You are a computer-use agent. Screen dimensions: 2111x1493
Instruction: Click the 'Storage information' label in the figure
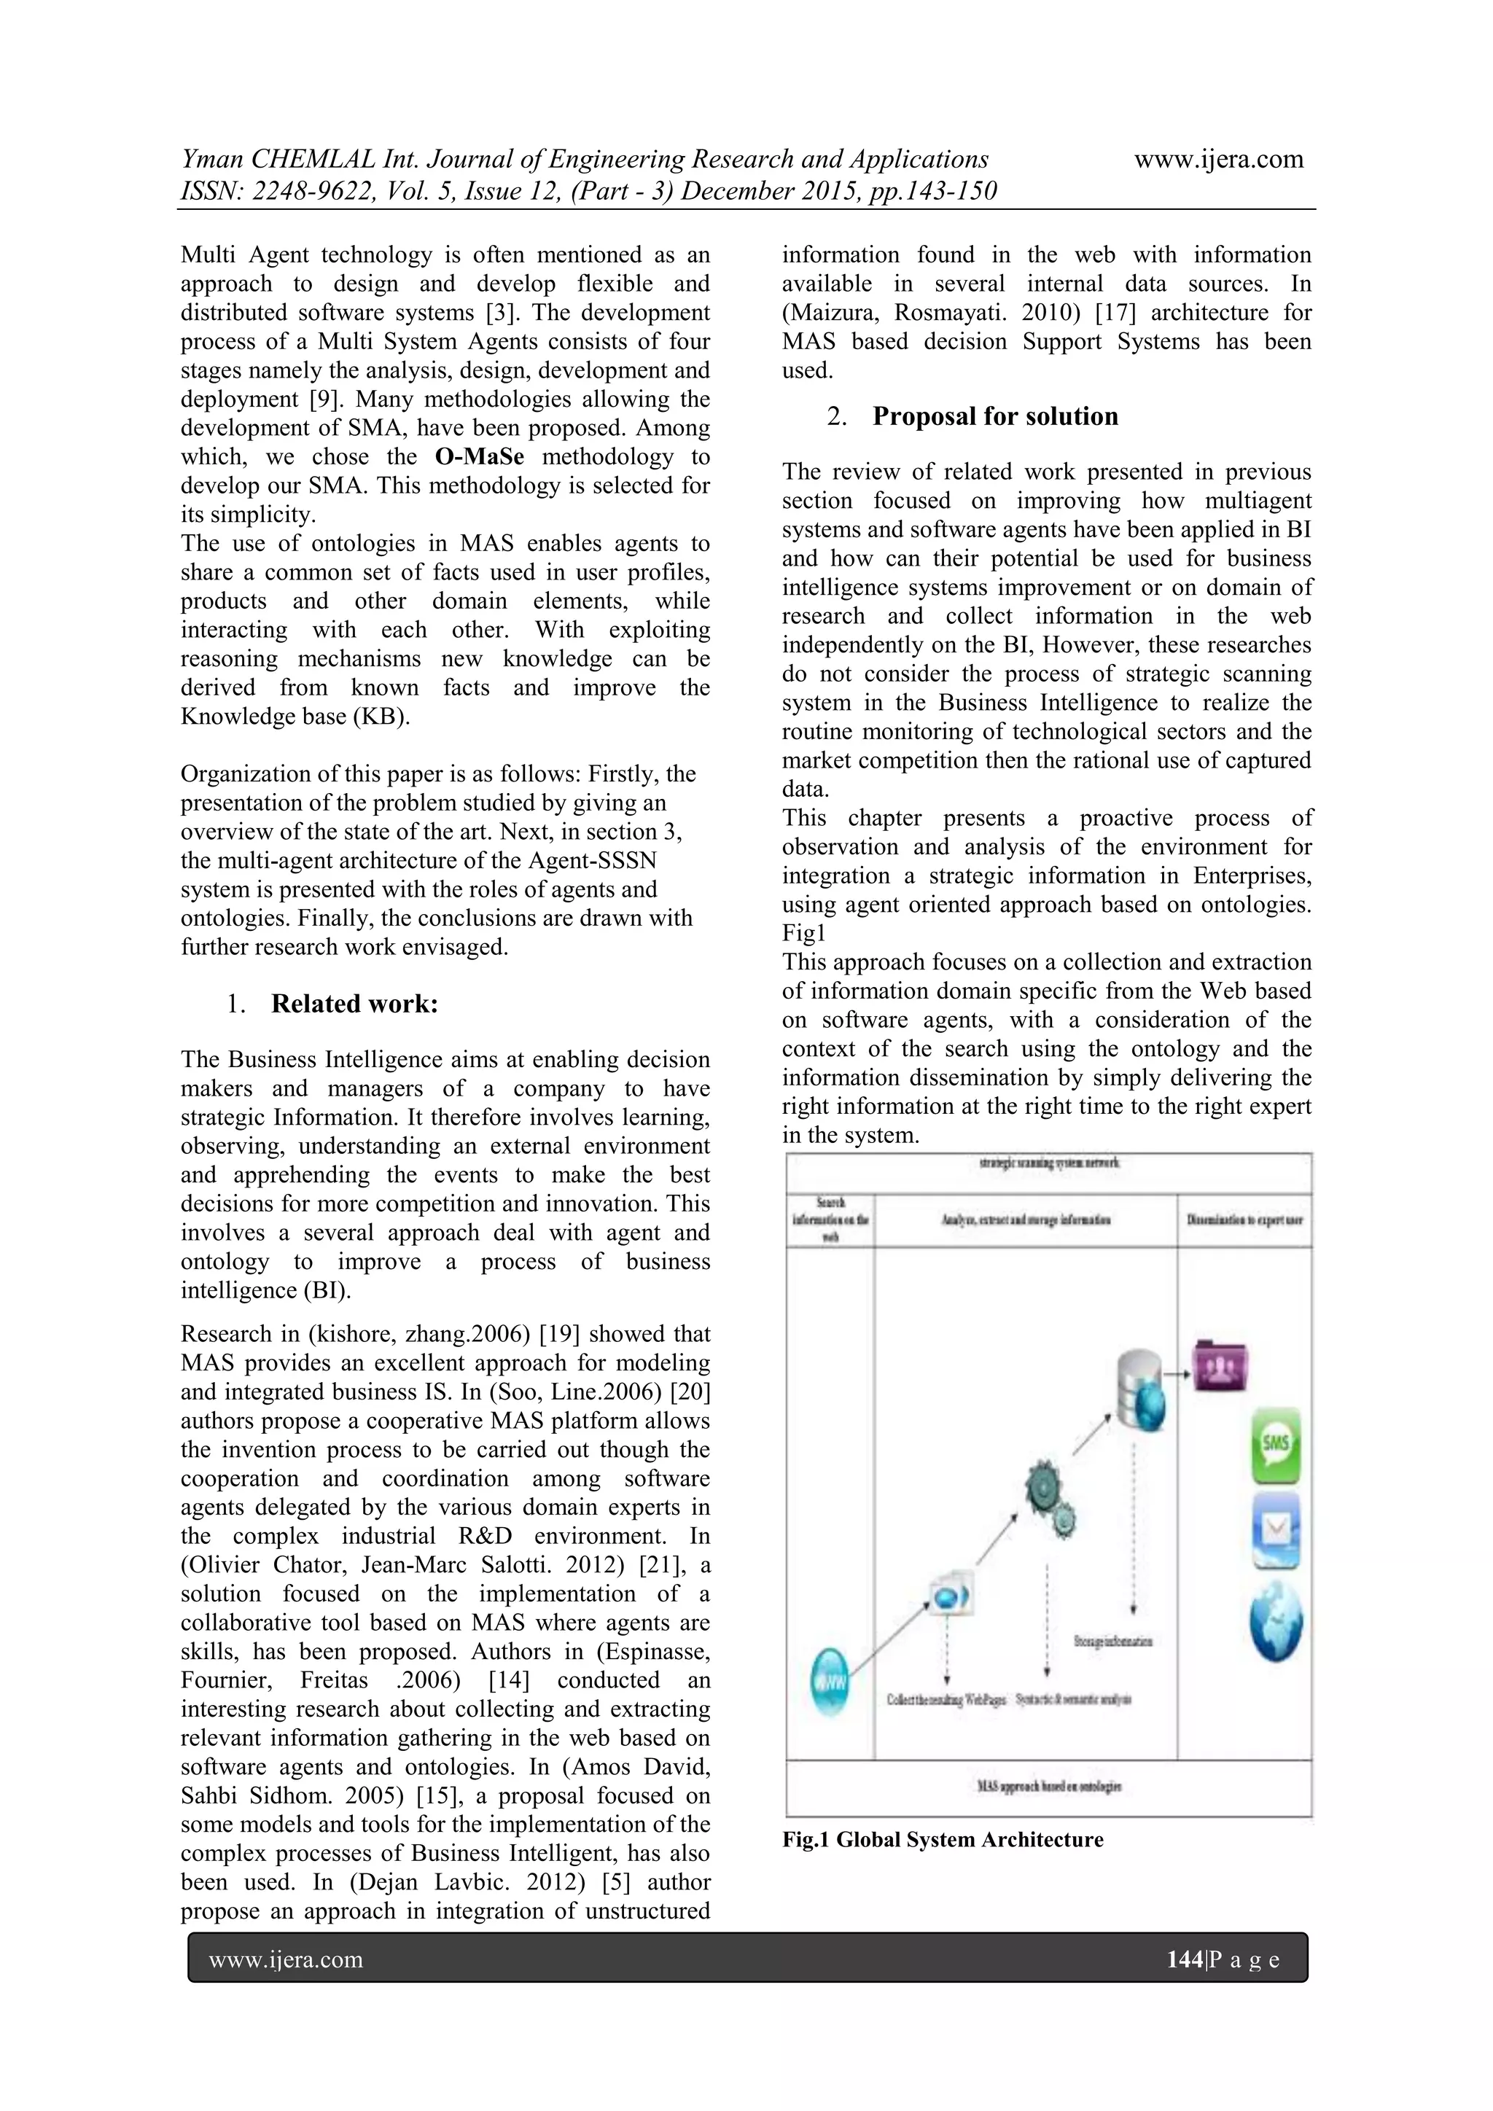pyautogui.click(x=1112, y=1640)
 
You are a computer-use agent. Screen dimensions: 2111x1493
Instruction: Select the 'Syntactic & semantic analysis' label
pyautogui.click(x=1073, y=1699)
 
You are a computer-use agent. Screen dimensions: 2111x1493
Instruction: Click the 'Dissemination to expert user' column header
pyautogui.click(x=1245, y=1220)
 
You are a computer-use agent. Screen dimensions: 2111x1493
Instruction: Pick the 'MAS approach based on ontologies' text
pyautogui.click(x=1048, y=1785)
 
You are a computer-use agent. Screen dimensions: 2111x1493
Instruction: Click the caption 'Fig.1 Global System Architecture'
pyautogui.click(x=943, y=1839)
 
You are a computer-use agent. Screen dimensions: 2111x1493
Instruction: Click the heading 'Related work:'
pyautogui.click(x=354, y=1003)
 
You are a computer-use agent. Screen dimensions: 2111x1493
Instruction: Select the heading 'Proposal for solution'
pyautogui.click(x=994, y=416)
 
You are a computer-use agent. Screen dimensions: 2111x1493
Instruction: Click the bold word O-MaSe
pyautogui.click(x=479, y=457)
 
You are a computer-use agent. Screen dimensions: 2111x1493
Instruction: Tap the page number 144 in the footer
pyautogui.click(x=1183, y=1959)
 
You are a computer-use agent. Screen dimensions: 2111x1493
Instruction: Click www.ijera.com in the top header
pyautogui.click(x=1218, y=159)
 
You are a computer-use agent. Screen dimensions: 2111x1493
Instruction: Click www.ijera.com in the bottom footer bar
pyautogui.click(x=286, y=1959)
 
